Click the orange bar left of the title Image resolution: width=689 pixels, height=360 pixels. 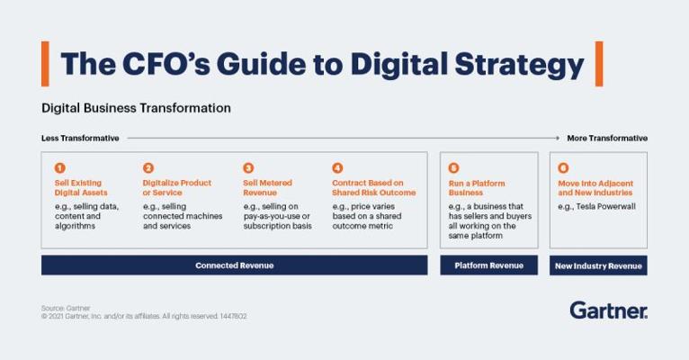(45, 64)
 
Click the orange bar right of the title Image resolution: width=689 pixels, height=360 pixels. (599, 64)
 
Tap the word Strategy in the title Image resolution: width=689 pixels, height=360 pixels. (519, 65)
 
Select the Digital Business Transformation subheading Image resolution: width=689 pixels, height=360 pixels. (136, 108)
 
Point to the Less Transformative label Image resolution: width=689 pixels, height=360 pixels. (80, 138)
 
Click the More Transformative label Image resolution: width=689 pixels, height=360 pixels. (607, 138)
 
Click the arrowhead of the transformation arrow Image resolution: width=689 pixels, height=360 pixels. (558, 138)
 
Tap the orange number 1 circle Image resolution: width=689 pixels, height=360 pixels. (59, 168)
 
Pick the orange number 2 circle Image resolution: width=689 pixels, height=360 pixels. (148, 168)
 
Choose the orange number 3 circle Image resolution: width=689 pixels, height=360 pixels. (248, 168)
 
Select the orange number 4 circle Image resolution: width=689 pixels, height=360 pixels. (337, 168)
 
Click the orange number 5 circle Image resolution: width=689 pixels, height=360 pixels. (453, 168)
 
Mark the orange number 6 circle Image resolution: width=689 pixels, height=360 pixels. (563, 168)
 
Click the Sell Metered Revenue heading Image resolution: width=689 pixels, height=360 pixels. (268, 188)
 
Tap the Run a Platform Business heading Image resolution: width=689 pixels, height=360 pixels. (477, 188)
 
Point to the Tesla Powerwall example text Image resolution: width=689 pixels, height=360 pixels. (596, 206)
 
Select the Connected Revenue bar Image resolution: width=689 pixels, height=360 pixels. (234, 265)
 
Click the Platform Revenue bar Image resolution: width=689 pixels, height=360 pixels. (488, 265)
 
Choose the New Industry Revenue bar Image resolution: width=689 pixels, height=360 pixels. (598, 265)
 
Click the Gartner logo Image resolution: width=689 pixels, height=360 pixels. (609, 310)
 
